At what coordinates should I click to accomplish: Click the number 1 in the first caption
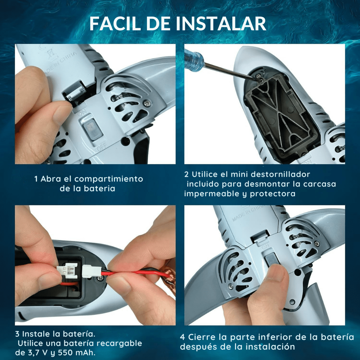pos(36,179)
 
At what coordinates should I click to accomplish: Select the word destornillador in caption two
pos(281,174)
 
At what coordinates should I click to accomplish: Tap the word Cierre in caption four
pos(204,337)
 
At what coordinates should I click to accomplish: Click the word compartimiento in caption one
pos(109,179)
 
